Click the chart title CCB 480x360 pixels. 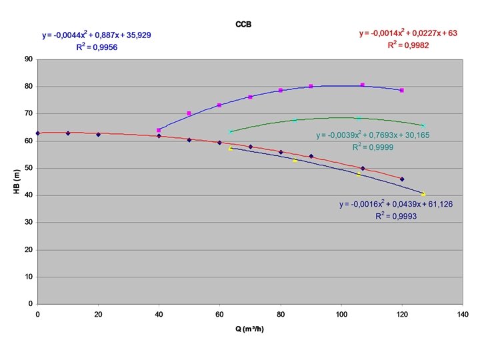pyautogui.click(x=243, y=25)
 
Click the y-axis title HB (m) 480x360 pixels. pyautogui.click(x=17, y=181)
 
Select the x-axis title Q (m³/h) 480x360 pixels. pyautogui.click(x=249, y=329)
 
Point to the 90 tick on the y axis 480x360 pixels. pyautogui.click(x=29, y=59)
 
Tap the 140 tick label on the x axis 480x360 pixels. pyautogui.click(x=463, y=315)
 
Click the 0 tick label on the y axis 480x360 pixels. pyautogui.click(x=30, y=304)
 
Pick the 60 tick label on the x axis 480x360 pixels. pyautogui.click(x=219, y=315)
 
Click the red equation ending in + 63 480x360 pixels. pyautogui.click(x=408, y=33)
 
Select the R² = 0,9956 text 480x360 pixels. pyautogui.click(x=97, y=47)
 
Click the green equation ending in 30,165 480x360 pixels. pyautogui.click(x=373, y=135)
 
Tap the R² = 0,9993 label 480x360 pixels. pyautogui.click(x=396, y=216)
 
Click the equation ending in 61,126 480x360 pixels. pyautogui.click(x=396, y=204)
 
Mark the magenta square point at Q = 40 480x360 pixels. pyautogui.click(x=159, y=131)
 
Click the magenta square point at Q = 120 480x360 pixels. pyautogui.click(x=402, y=90)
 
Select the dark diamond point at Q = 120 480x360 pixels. pyautogui.click(x=402, y=179)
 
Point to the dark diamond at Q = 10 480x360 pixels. pyautogui.click(x=68, y=133)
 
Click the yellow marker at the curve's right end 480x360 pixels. pyautogui.click(x=423, y=194)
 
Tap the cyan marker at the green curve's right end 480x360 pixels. pyautogui.click(x=423, y=125)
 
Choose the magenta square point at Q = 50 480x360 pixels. pyautogui.click(x=189, y=113)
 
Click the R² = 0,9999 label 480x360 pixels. pyautogui.click(x=373, y=147)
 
